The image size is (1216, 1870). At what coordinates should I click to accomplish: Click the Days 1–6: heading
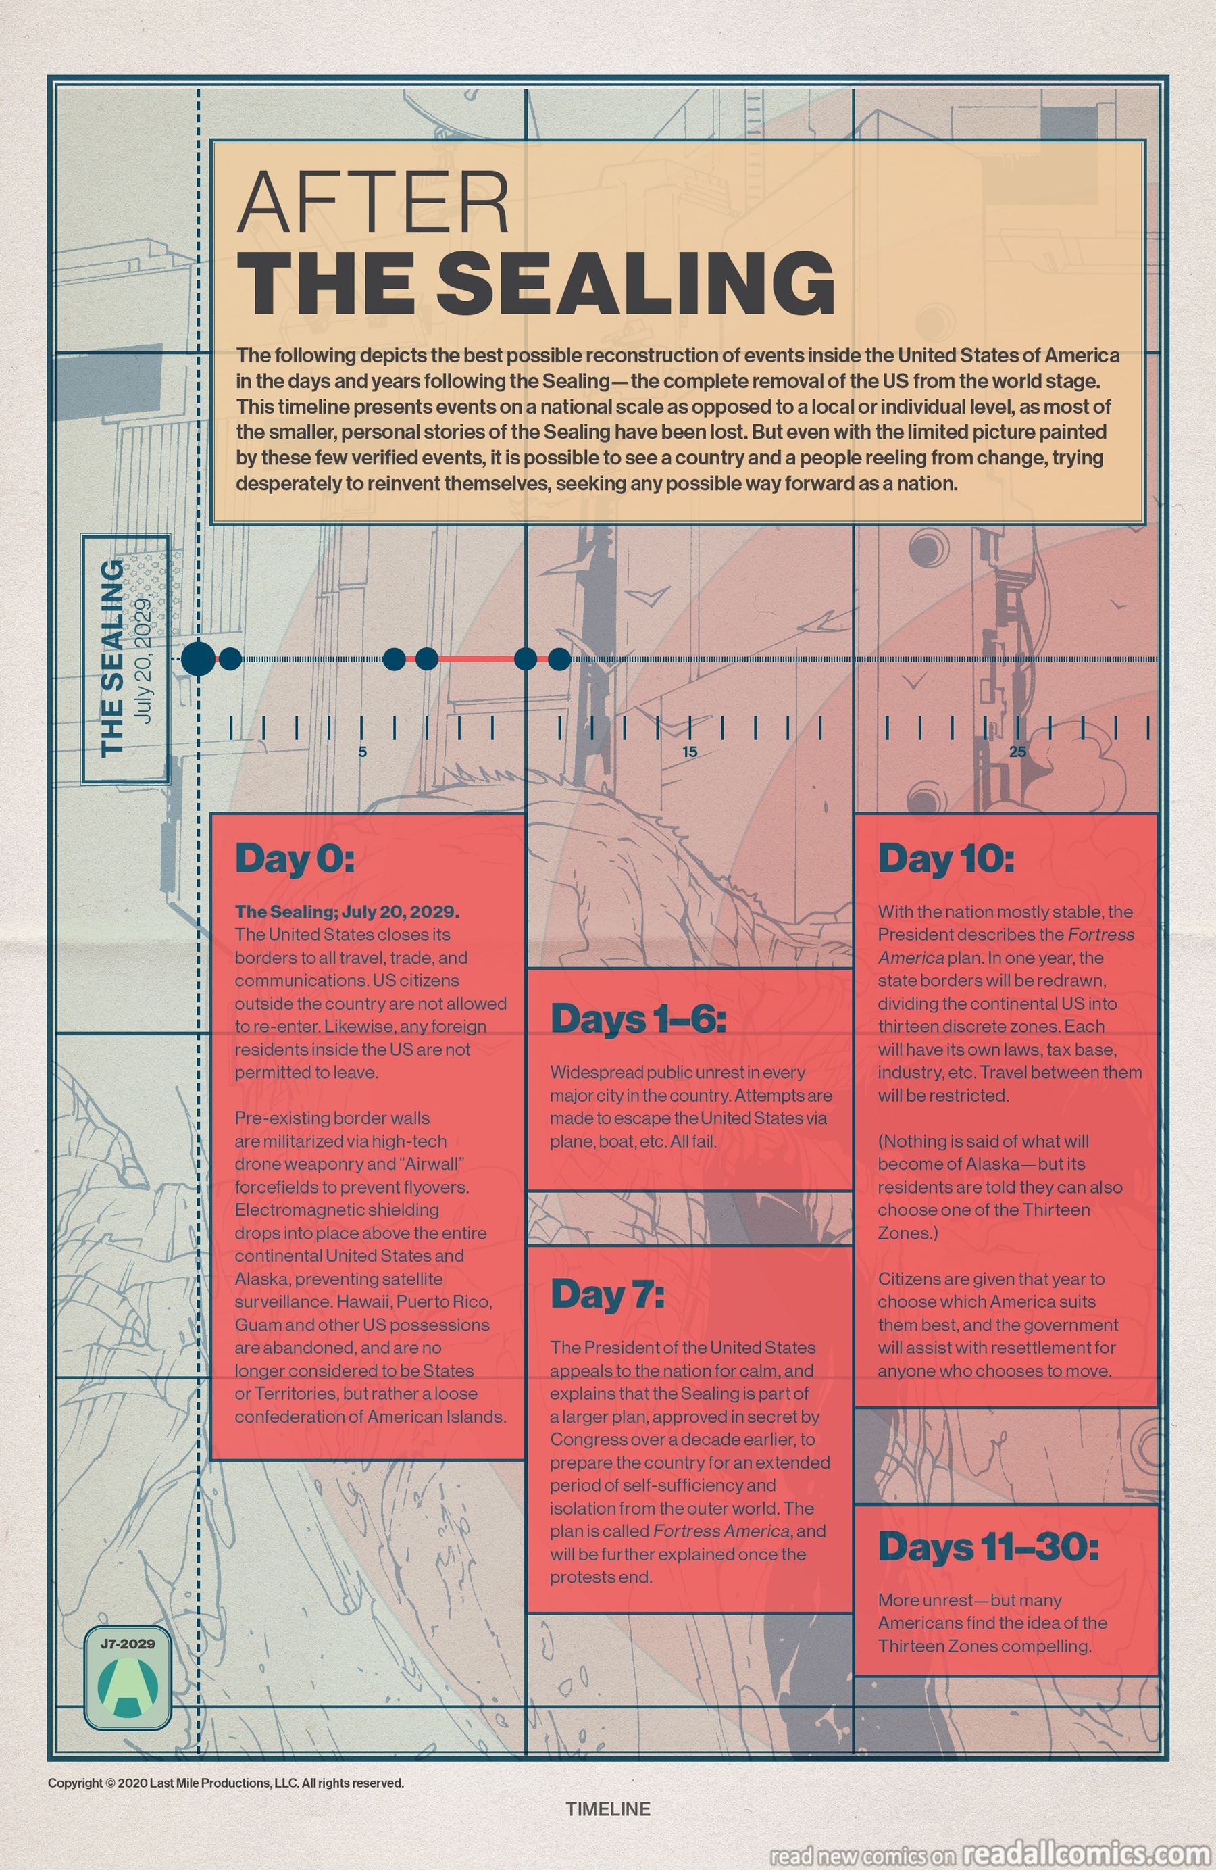638,1019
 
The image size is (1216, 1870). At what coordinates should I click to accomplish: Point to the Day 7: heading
607,1294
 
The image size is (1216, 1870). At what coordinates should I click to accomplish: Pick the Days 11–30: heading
988,1547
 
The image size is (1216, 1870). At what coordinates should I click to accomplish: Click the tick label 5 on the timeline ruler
362,752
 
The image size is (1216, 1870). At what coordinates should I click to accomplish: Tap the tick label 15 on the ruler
689,752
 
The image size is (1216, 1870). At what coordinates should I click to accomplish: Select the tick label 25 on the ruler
1017,752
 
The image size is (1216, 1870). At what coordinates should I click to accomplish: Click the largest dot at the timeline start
198,658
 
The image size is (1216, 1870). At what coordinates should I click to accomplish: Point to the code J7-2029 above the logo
127,1643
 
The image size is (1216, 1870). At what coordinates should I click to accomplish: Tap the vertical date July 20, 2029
145,660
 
